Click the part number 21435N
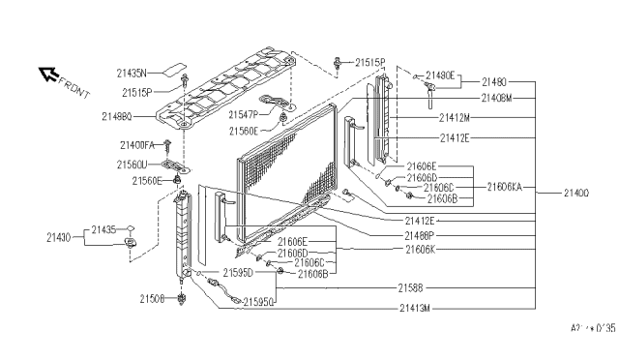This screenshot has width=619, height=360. pyautogui.click(x=132, y=72)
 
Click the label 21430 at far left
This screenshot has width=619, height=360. pyautogui.click(x=59, y=237)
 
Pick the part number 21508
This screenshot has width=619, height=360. pyautogui.click(x=152, y=299)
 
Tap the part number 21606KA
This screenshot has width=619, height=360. pyautogui.click(x=505, y=186)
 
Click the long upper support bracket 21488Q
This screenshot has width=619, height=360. pyautogui.click(x=242, y=92)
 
